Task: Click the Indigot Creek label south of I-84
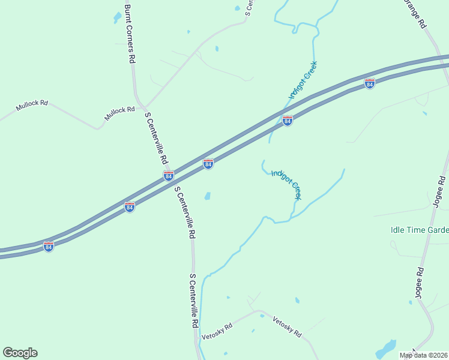tap(286, 184)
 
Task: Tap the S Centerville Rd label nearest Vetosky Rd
tap(193, 300)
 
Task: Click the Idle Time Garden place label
tap(419, 230)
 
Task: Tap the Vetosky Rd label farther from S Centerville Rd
tap(287, 326)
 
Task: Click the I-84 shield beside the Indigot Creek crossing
tap(288, 121)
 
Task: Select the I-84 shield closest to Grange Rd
tap(370, 84)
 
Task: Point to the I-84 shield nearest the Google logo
tap(49, 246)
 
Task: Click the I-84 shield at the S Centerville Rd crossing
tap(169, 176)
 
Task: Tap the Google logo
tap(20, 353)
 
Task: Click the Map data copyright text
tap(424, 355)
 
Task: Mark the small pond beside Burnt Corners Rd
tap(117, 18)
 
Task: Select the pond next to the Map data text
tap(386, 349)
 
